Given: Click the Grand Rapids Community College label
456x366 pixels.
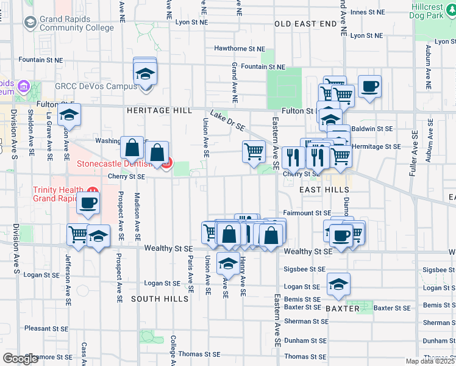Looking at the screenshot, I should tap(76, 23).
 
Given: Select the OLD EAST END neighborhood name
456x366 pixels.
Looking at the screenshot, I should tap(305, 23).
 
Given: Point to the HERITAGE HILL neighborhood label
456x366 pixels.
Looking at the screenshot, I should tap(159, 110).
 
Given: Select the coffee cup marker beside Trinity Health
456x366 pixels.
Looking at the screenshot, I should tap(88, 203).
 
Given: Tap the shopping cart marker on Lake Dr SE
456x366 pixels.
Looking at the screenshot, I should tap(254, 151).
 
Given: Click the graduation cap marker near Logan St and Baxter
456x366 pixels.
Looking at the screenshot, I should tap(339, 284).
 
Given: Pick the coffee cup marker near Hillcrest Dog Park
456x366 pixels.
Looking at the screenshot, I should tap(369, 86).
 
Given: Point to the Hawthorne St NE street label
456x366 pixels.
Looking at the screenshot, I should tap(240, 49).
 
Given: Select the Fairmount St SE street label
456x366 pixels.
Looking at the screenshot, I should tap(307, 213).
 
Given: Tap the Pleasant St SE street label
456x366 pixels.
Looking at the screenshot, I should tap(46, 328).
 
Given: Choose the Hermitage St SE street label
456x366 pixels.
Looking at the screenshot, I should tap(376, 146).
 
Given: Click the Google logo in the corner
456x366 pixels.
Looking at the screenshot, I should tap(21, 359).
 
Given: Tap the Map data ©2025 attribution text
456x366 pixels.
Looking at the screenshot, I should tap(429, 361).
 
